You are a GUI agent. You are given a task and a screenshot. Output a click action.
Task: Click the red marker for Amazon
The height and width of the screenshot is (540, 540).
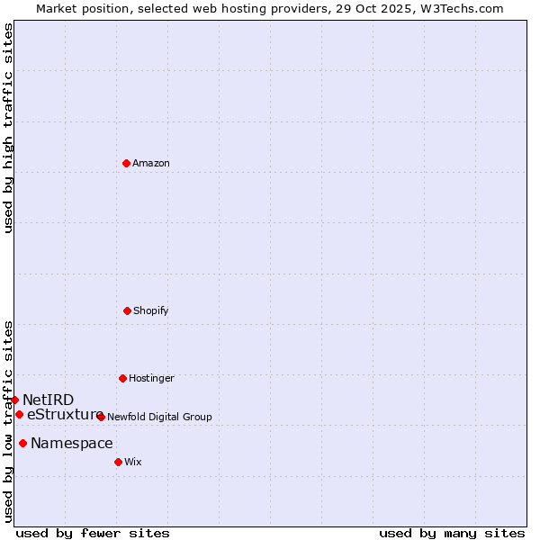coord(126,163)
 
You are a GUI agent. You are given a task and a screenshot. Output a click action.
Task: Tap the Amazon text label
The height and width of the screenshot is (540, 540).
coord(151,164)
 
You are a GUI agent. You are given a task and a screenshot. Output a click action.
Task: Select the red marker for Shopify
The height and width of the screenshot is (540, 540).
coord(127,310)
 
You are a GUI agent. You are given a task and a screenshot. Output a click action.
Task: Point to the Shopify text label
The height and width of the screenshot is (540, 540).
coord(151,311)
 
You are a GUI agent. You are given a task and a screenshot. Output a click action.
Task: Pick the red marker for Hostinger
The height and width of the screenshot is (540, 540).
coord(122,378)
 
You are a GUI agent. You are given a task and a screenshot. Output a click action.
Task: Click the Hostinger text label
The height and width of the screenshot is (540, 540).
coord(151,379)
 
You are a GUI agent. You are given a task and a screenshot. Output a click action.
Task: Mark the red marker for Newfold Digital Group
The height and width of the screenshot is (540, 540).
coord(101,417)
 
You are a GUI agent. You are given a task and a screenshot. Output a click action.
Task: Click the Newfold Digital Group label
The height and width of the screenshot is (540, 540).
coord(159,418)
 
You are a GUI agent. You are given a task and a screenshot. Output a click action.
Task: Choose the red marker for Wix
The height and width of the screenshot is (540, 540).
coord(118,462)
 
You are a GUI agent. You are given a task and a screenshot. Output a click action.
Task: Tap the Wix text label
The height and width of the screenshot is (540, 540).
coord(133,463)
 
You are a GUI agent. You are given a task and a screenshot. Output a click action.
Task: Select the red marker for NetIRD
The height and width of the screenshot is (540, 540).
coord(14,400)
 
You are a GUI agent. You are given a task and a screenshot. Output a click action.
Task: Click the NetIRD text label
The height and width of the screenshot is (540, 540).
coord(49,400)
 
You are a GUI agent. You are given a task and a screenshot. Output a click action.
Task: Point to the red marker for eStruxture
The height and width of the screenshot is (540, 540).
coord(19,414)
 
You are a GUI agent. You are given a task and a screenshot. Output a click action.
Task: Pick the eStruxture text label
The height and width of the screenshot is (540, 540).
coord(65,415)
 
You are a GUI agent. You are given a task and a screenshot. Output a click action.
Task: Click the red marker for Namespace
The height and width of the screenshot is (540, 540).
coord(22,443)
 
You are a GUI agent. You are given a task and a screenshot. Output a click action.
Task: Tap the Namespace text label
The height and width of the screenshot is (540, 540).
coord(72,444)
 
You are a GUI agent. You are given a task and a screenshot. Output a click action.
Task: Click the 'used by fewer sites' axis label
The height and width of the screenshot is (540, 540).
coord(93,534)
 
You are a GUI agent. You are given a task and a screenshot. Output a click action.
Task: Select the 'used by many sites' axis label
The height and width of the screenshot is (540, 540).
coord(452,534)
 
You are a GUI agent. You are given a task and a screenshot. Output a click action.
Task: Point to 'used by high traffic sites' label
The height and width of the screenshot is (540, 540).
coord(8,128)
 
